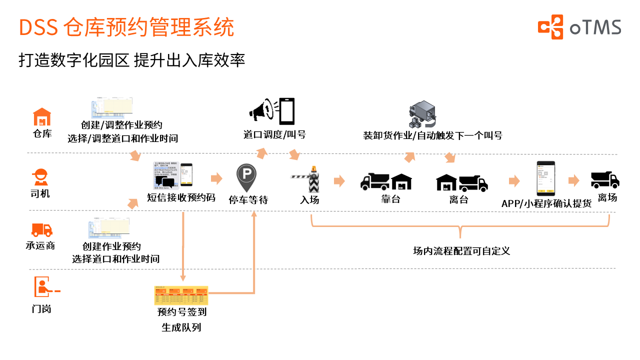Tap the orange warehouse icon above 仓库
[42, 117]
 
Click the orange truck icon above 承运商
[42, 229]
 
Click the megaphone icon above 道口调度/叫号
[260, 111]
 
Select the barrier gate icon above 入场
[308, 179]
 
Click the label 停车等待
[248, 200]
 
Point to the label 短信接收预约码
[181, 197]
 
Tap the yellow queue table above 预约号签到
[181, 295]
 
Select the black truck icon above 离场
[605, 179]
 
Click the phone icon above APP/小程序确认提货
[546, 178]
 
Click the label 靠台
[390, 199]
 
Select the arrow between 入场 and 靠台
[339, 181]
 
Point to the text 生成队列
[181, 328]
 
